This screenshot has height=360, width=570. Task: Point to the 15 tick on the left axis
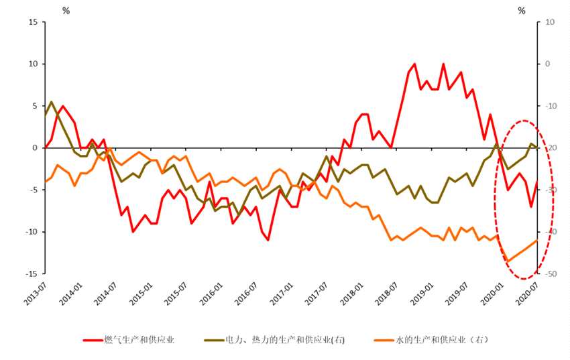point(32,22)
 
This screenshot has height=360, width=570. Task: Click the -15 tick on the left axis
point(31,274)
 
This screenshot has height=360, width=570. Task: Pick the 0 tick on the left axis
point(35,147)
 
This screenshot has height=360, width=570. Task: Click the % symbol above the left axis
point(65,10)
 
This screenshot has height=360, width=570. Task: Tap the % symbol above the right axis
point(522,10)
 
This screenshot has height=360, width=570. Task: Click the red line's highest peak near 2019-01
point(414,64)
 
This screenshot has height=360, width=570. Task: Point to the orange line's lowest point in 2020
point(508,261)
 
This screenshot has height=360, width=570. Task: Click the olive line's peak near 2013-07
point(52,102)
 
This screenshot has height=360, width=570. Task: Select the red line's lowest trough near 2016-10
point(268,240)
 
